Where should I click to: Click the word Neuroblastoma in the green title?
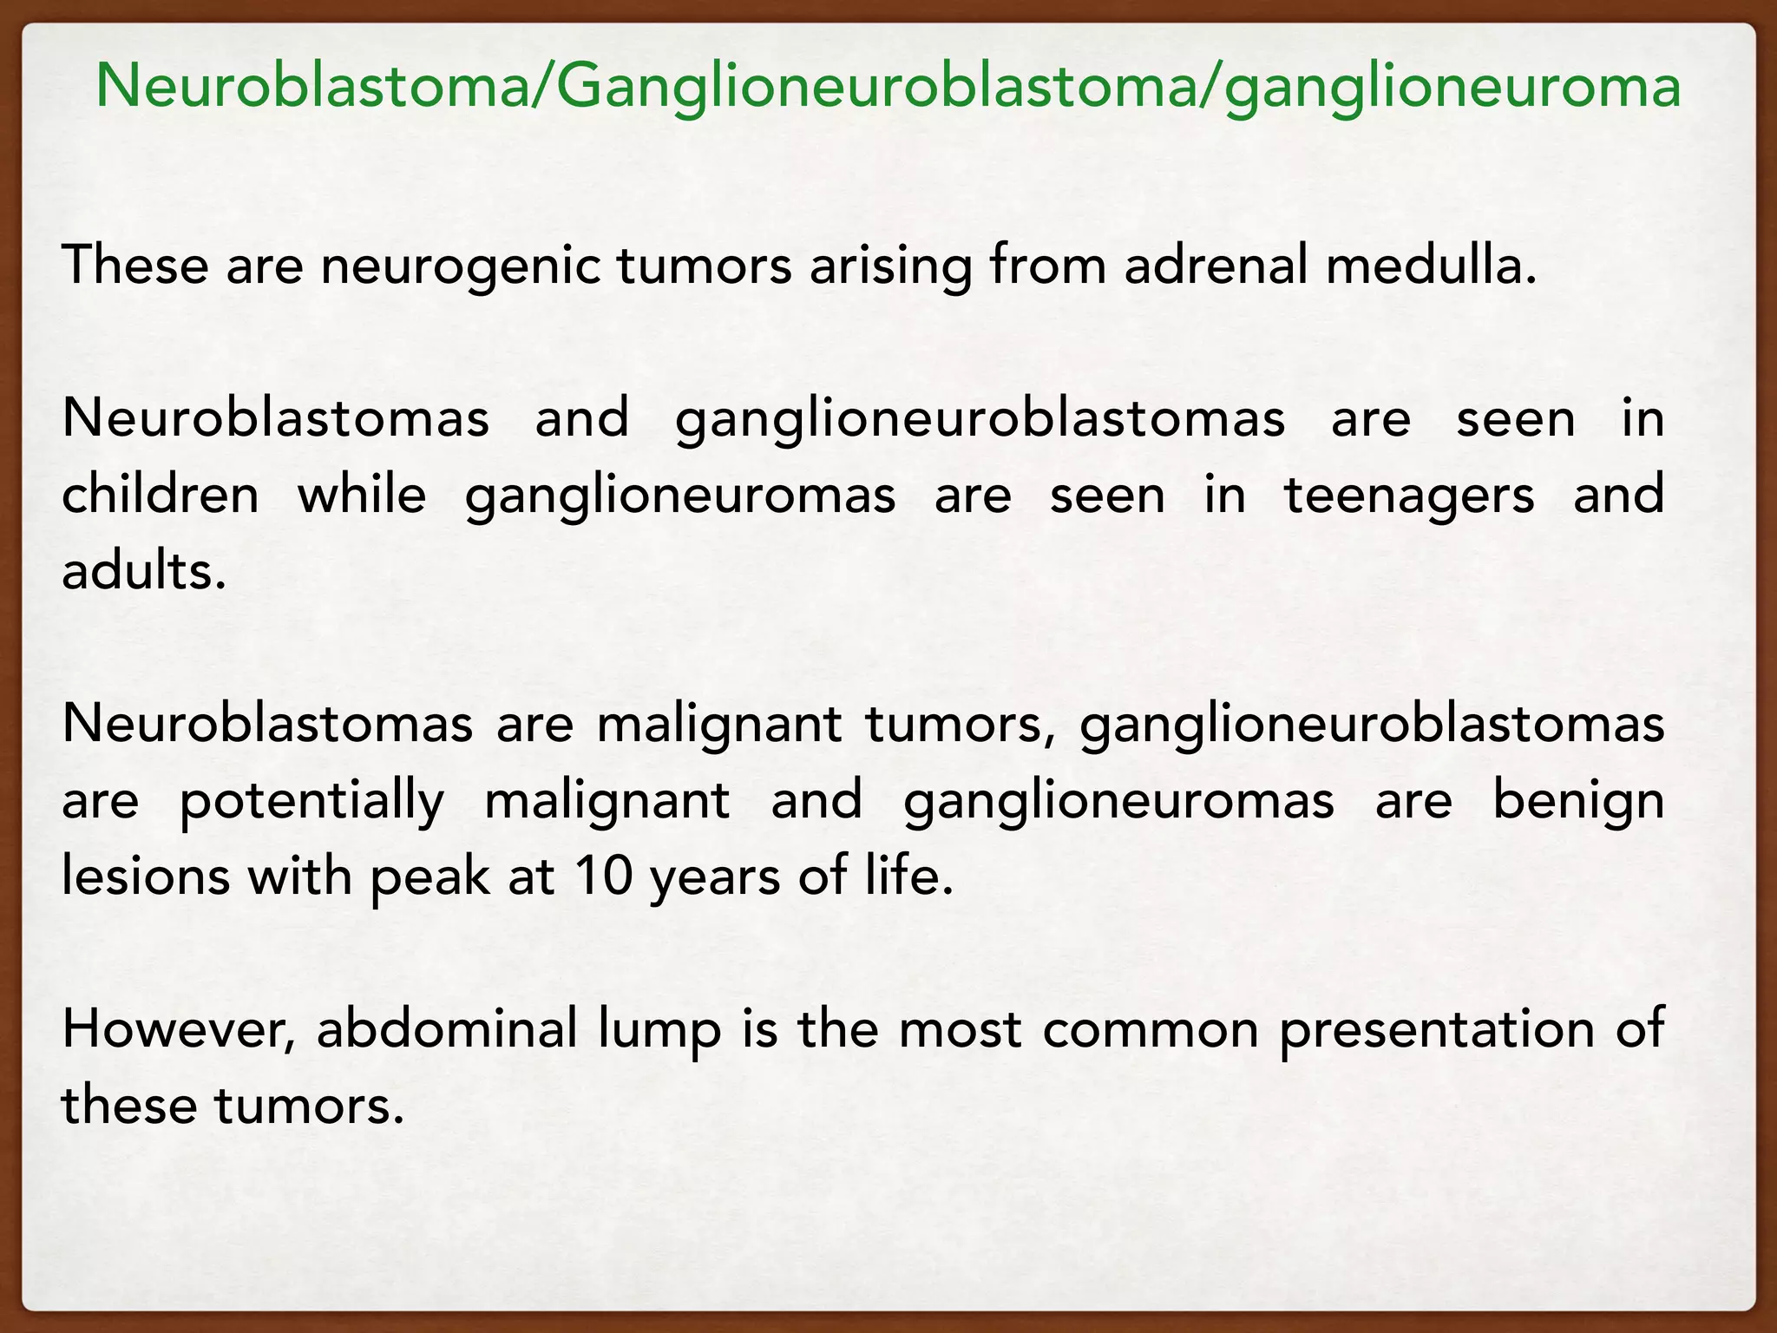coord(313,86)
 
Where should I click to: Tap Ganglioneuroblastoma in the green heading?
coord(868,86)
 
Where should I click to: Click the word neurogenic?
coord(460,266)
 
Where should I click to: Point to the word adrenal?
coord(1216,266)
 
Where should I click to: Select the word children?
coord(161,495)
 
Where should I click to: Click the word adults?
coord(143,571)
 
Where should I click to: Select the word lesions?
coord(145,877)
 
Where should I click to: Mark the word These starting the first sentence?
coord(135,266)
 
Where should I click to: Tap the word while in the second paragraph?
coord(362,495)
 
